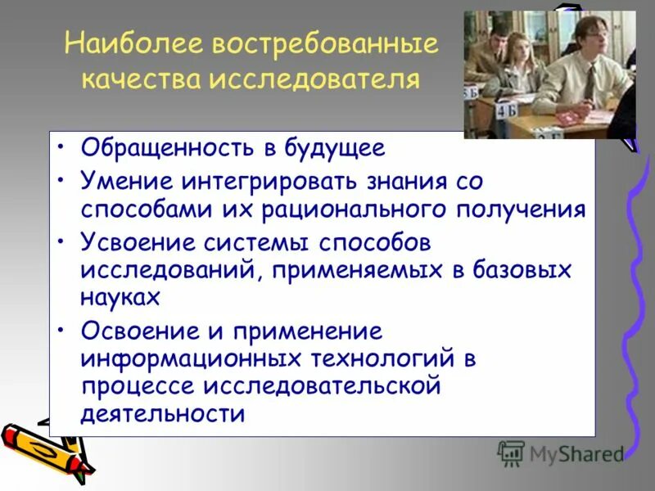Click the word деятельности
(x=163, y=414)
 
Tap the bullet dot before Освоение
(x=62, y=331)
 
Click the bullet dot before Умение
(x=62, y=180)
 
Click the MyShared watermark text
(x=576, y=453)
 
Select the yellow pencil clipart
(x=45, y=448)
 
